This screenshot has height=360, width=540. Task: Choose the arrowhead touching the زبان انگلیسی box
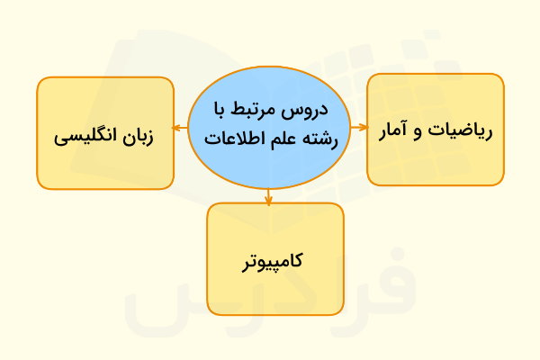(176, 127)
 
